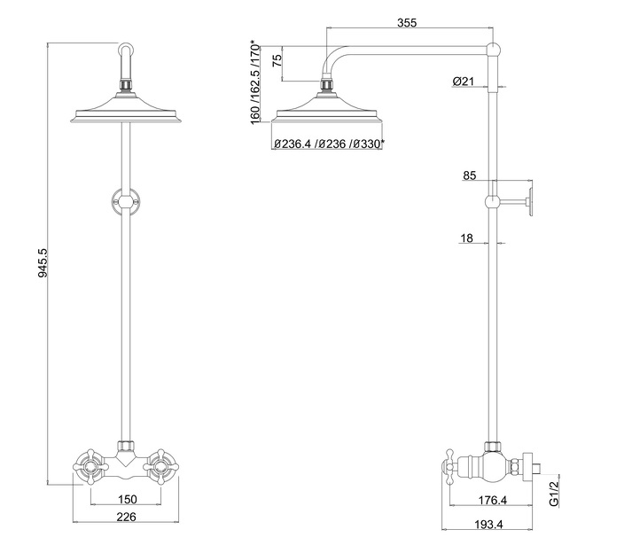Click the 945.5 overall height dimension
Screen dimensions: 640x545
point(43,263)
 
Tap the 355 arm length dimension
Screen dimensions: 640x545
point(407,22)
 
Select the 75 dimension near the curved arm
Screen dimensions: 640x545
point(277,61)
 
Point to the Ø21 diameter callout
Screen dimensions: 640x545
point(464,82)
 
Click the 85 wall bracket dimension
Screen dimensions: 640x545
point(470,175)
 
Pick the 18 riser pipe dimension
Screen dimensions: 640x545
point(466,237)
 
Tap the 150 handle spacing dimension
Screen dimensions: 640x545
point(128,499)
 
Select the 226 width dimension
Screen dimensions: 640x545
point(126,517)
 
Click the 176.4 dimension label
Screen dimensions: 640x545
point(493,500)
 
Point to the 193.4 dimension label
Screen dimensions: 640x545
point(488,525)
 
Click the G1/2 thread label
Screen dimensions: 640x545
point(553,494)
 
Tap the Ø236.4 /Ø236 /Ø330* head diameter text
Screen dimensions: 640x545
point(329,144)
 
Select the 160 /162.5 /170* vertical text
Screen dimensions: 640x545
point(254,82)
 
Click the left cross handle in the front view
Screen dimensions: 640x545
point(90,467)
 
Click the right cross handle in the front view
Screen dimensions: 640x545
point(161,467)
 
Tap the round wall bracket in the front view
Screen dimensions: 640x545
point(126,200)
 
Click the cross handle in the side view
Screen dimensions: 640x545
point(449,467)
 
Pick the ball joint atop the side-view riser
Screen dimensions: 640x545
point(494,50)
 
